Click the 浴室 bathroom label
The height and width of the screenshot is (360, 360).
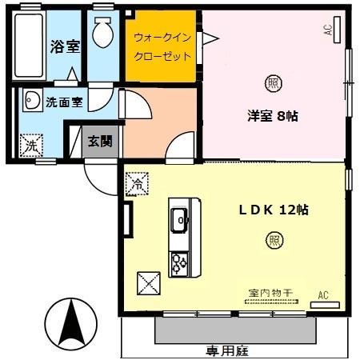[66, 46]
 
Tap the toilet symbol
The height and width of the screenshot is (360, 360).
[102, 33]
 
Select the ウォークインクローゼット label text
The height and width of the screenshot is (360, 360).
[162, 47]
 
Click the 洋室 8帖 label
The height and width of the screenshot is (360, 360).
[272, 116]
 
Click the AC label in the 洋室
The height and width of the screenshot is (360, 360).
[328, 30]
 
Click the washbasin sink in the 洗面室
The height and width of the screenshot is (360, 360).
[33, 101]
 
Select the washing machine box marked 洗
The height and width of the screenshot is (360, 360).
[30, 146]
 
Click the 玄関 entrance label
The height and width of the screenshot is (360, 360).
[100, 142]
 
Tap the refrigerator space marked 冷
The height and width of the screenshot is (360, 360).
[136, 184]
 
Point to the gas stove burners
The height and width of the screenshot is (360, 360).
[178, 262]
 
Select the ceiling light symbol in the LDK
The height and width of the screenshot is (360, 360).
[274, 239]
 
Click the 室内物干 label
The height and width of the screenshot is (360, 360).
[266, 293]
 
